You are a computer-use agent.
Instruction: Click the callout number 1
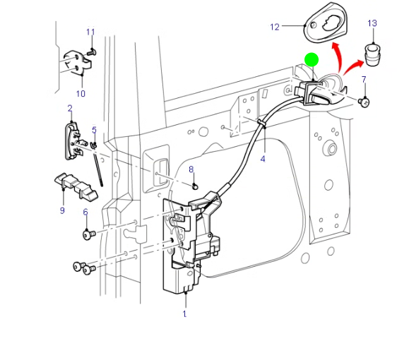184,313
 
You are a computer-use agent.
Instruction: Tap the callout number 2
70,108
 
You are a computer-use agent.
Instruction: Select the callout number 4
263,159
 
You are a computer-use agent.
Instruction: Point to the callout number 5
94,130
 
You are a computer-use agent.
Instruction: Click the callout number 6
85,212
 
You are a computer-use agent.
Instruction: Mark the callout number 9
62,210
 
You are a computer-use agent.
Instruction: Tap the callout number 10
80,93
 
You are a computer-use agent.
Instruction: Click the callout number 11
90,32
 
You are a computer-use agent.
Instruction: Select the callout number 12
275,27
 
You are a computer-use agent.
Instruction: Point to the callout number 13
372,23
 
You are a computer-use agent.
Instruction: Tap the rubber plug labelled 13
372,53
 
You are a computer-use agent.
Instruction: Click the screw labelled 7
365,102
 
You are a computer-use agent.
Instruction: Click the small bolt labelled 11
93,51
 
